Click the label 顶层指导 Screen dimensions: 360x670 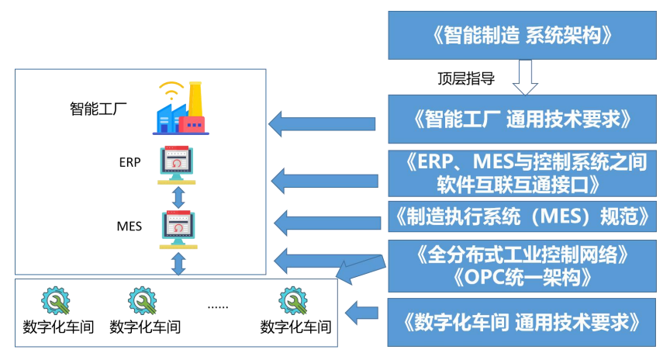(x=466, y=78)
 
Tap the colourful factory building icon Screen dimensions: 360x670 (x=179, y=108)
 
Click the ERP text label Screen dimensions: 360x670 (x=130, y=163)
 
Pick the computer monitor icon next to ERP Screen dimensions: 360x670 (x=178, y=164)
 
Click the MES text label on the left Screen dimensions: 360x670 (x=130, y=227)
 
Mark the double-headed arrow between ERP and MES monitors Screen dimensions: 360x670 (x=178, y=196)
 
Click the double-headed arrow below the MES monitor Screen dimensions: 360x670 (x=178, y=264)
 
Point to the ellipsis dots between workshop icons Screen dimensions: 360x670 (x=218, y=306)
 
